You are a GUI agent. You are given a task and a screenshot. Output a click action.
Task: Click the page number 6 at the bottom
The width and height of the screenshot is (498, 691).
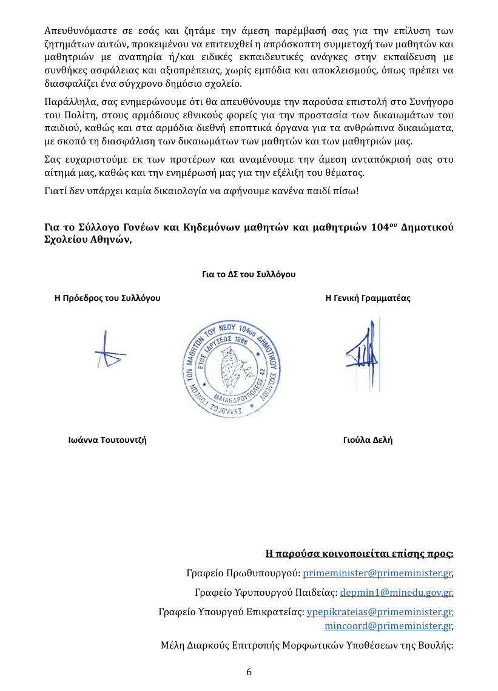pyautogui.click(x=249, y=672)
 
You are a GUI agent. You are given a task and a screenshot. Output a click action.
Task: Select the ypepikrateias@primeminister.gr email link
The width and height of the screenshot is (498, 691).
pyautogui.click(x=380, y=612)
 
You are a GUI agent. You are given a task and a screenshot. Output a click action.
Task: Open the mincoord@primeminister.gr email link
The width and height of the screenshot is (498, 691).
pyautogui.click(x=388, y=625)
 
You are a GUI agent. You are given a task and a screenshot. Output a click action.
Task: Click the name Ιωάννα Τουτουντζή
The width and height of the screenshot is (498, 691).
pyautogui.click(x=107, y=440)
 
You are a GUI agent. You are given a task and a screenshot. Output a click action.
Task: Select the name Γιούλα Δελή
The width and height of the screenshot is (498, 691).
pyautogui.click(x=368, y=440)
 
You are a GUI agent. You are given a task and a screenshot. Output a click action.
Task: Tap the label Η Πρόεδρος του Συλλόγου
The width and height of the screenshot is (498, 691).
pyautogui.click(x=107, y=298)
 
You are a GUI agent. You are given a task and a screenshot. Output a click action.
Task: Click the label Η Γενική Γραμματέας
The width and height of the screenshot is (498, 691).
pyautogui.click(x=368, y=298)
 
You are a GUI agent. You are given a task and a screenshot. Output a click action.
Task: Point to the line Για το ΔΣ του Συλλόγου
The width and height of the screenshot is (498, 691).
pyautogui.click(x=249, y=275)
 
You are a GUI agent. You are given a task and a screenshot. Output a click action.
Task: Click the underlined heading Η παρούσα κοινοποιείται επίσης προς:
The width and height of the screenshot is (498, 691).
pyautogui.click(x=360, y=553)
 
